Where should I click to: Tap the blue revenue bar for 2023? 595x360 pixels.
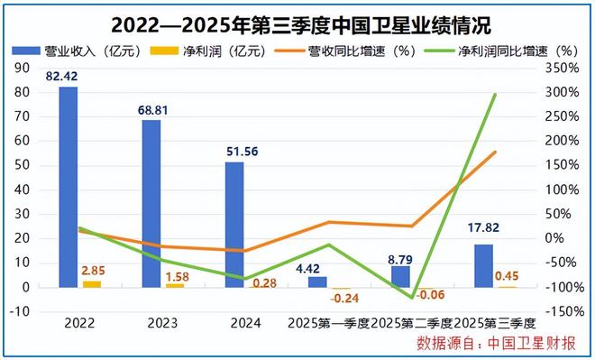151,204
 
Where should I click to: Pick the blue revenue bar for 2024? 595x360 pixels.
234,225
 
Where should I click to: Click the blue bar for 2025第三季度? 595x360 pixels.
484,265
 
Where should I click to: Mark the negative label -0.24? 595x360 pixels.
343,299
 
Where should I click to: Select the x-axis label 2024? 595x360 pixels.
235,323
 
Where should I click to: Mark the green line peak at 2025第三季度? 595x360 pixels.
495,94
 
